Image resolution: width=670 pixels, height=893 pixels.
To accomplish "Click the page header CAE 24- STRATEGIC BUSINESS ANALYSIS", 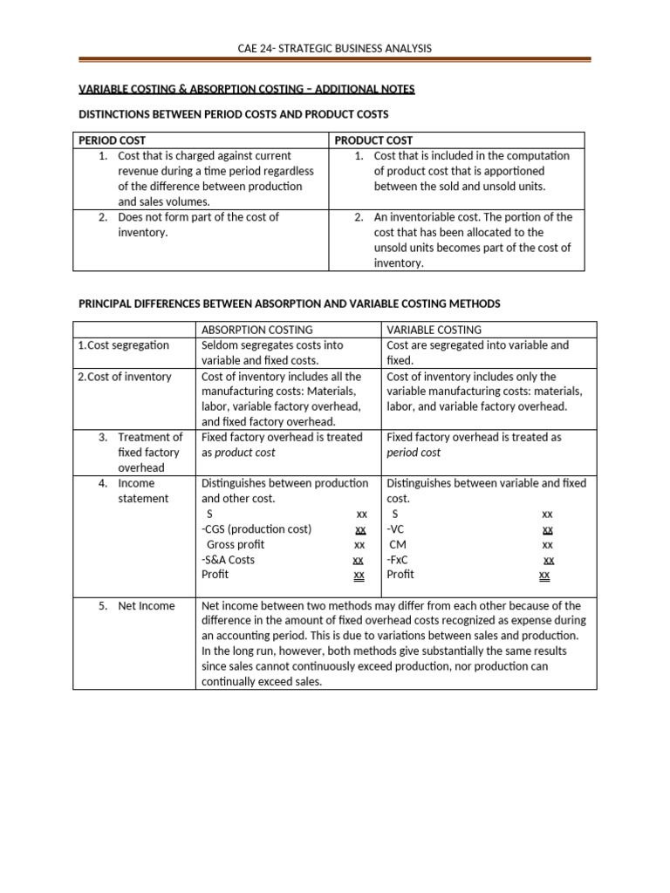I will [x=335, y=48].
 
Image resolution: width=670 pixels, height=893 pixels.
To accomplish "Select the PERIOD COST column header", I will [x=113, y=140].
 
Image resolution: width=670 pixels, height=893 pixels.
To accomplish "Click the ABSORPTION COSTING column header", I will [x=256, y=330].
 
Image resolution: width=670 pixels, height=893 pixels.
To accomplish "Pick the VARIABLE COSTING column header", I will [x=434, y=330].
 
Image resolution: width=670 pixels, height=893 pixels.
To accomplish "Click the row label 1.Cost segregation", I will [x=123, y=345].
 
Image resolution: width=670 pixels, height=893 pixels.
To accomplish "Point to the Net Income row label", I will [x=146, y=605].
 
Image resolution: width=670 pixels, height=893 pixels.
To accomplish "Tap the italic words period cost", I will [x=414, y=453].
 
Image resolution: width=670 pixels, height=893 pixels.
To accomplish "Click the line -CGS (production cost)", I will [x=256, y=528].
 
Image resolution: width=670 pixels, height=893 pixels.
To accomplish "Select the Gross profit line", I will [x=236, y=544].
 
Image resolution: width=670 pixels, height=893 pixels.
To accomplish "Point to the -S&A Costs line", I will [x=228, y=559].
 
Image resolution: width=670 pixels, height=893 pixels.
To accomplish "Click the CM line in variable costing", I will [x=398, y=544].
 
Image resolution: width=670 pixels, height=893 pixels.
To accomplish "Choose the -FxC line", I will [x=398, y=559].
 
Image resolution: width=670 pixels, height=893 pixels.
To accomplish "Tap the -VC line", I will [x=396, y=528].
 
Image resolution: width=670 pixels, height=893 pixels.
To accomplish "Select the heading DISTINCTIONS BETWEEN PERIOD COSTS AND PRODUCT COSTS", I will [x=234, y=114].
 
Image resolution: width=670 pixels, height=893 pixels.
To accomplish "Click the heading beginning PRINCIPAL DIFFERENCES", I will [x=290, y=303].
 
